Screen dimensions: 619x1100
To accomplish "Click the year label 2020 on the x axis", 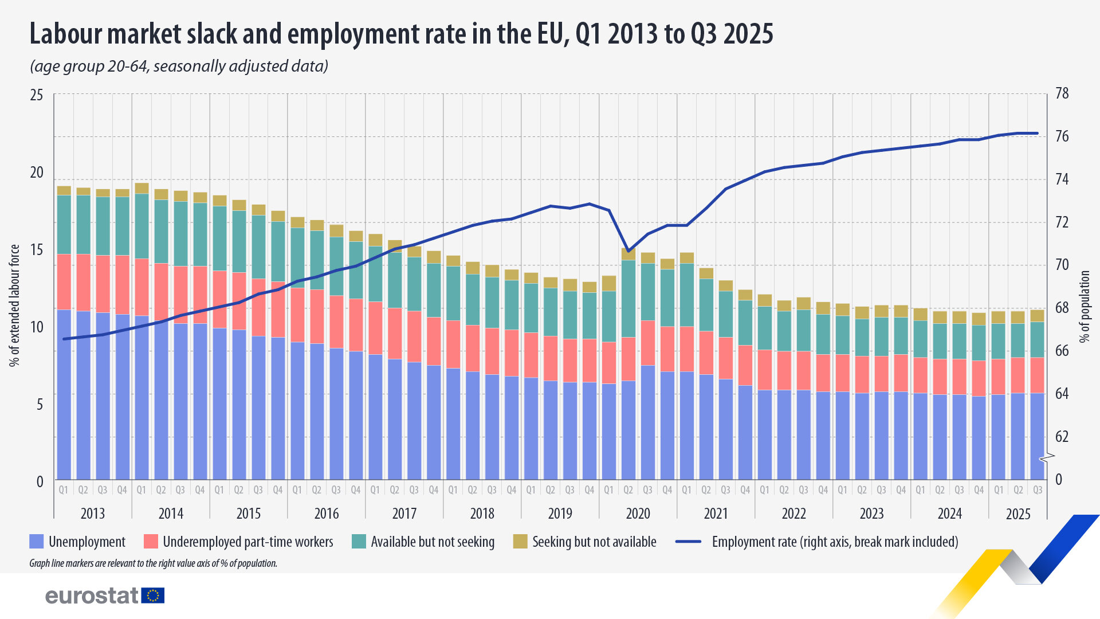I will tap(638, 514).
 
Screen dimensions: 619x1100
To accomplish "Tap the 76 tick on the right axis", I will tap(1062, 136).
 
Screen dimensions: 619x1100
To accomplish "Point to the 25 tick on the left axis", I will tap(37, 95).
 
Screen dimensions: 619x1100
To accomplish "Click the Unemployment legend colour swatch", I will tap(37, 542).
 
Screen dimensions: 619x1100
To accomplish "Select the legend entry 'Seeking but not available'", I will tap(594, 542).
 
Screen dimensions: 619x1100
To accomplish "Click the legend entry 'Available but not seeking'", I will tap(432, 542).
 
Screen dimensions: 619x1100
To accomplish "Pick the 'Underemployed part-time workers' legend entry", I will tap(247, 542).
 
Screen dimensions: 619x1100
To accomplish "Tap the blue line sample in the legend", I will tap(688, 542).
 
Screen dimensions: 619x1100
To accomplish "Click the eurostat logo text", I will tap(92, 596).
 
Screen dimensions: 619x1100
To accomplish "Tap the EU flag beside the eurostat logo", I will tap(153, 596).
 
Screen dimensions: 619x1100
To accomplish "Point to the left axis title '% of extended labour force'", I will tap(14, 305).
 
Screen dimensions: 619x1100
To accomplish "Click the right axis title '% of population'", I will tap(1084, 307).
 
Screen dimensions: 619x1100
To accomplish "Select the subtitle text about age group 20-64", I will tap(179, 66).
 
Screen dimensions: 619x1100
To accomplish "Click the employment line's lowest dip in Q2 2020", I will tap(628, 250).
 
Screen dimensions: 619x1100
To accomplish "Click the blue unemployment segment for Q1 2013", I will tap(64, 395).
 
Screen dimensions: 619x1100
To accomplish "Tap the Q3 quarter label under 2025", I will tap(1038, 490).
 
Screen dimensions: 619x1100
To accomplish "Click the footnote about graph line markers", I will tap(153, 563).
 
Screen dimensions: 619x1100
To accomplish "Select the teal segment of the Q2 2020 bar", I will tap(628, 298).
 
